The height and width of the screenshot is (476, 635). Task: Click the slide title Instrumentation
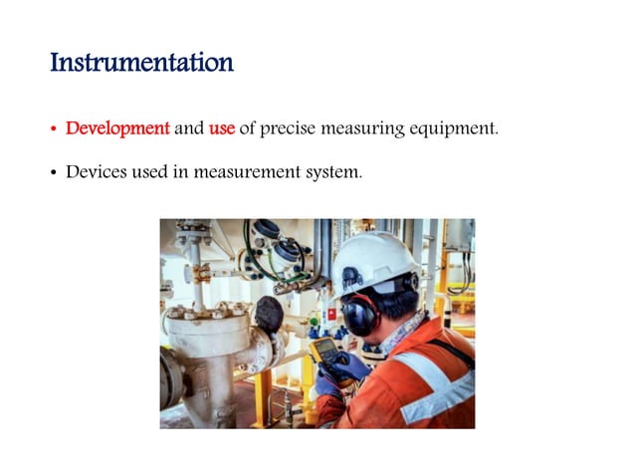(x=141, y=64)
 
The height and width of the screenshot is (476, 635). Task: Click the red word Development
(x=117, y=128)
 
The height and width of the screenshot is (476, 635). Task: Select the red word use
(x=221, y=128)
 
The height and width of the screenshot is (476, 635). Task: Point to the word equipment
(x=456, y=129)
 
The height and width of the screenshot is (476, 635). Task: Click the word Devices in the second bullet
(x=94, y=172)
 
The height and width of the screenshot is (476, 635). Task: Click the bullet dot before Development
(x=54, y=130)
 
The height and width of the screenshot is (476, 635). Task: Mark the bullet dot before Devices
(x=54, y=174)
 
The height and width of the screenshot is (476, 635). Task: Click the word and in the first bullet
(x=190, y=128)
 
